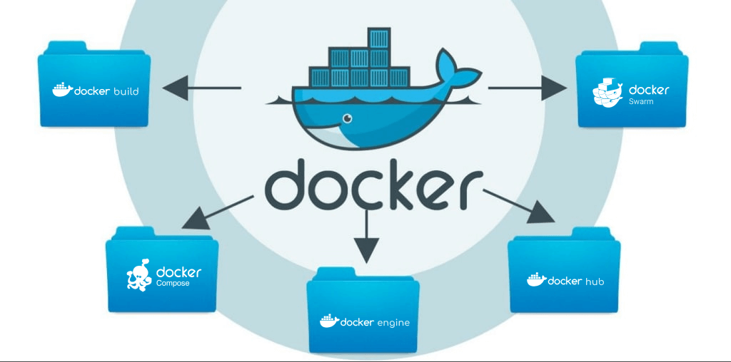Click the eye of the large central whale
(x=348, y=119)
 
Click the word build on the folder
(x=126, y=91)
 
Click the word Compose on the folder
(x=173, y=284)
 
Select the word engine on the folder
(x=393, y=323)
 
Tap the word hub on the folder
(x=595, y=281)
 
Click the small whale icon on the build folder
(x=63, y=90)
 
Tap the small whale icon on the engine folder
(x=329, y=321)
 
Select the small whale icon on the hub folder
(x=537, y=279)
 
